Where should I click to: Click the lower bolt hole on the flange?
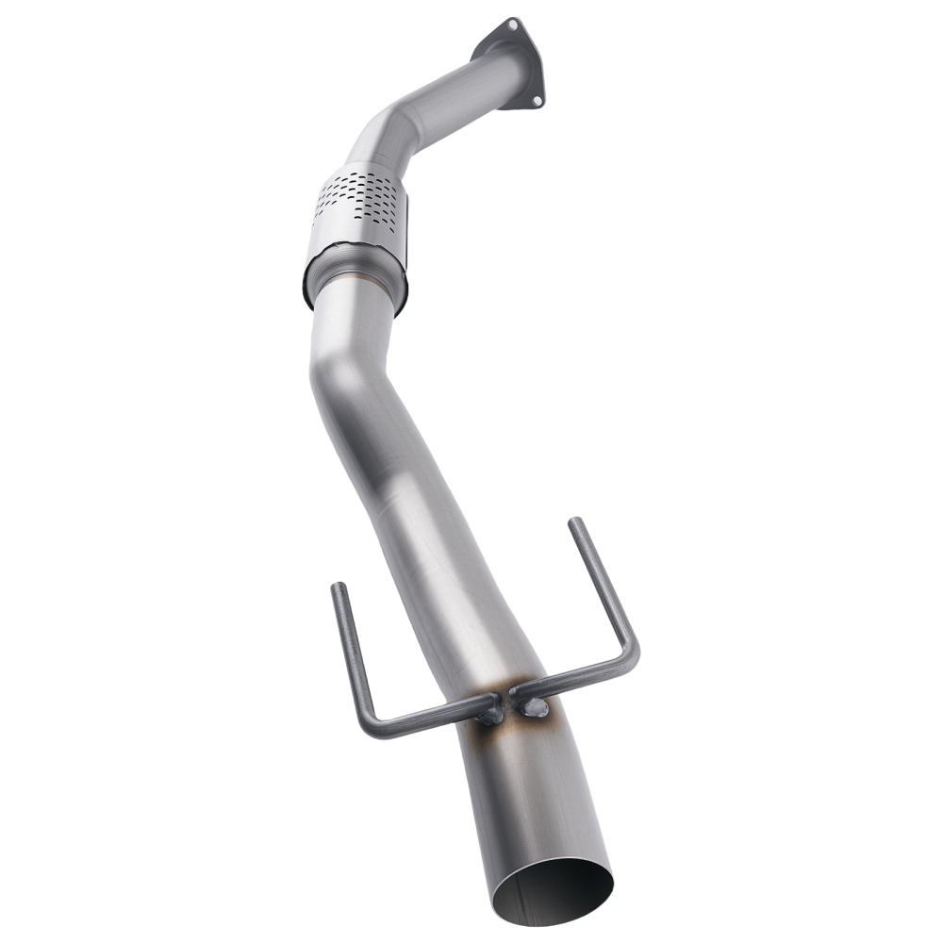point(537,99)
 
